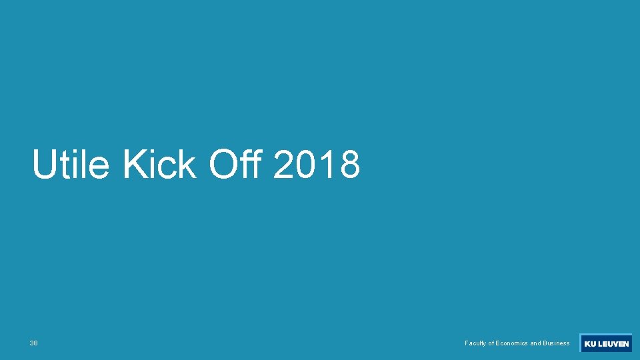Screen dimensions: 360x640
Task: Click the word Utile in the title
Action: (70, 165)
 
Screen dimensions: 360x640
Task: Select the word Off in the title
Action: (237, 165)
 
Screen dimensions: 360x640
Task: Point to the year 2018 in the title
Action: (317, 165)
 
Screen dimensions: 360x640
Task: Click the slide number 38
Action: (33, 343)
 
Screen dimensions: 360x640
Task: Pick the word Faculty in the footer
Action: (475, 343)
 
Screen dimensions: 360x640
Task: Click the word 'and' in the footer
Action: (536, 343)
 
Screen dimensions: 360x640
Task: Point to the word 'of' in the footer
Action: (491, 343)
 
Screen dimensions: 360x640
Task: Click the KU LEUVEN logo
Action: (606, 343)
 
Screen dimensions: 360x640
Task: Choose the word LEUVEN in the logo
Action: (613, 344)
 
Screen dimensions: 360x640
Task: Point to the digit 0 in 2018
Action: (306, 165)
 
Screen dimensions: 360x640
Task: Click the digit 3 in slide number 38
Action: (31, 343)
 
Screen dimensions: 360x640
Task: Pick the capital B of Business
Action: (545, 343)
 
